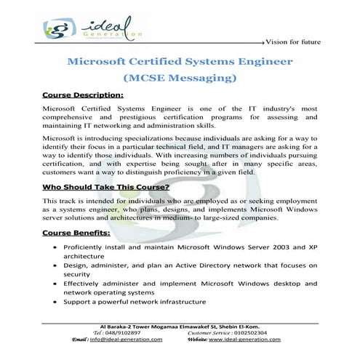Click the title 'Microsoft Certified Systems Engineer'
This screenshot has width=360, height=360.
tap(180, 62)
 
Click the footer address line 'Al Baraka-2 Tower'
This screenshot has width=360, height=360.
tap(180, 326)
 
